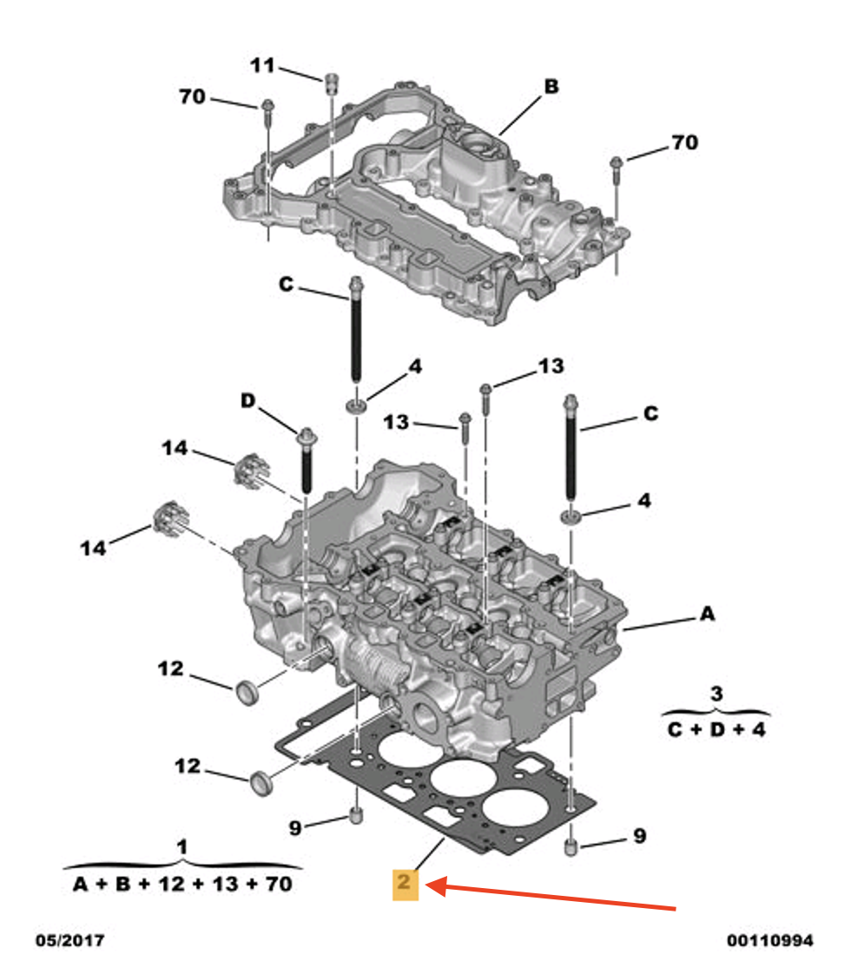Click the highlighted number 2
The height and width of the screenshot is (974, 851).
[x=405, y=885]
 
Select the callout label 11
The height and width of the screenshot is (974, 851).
[x=262, y=65]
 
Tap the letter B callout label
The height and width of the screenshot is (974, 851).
[x=551, y=87]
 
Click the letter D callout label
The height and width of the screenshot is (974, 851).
[x=249, y=401]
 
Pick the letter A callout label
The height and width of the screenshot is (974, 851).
[x=707, y=615]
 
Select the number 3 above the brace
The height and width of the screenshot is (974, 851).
[x=716, y=694]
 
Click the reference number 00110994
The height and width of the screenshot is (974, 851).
[x=770, y=941]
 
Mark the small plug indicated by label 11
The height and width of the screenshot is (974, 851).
[x=330, y=84]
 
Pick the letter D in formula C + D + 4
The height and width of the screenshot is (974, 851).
[x=716, y=729]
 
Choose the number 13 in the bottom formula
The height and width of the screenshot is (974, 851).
[x=221, y=885]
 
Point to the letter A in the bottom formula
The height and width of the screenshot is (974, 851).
[x=81, y=885]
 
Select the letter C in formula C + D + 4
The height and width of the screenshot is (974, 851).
[x=676, y=729]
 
